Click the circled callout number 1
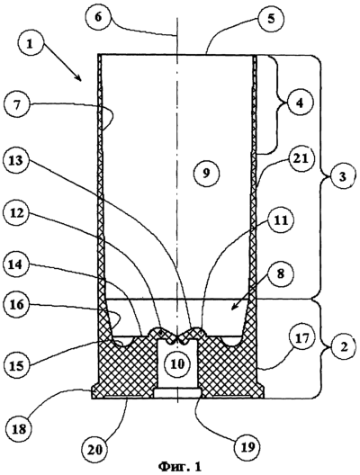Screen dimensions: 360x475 coord(30,45)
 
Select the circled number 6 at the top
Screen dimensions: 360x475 coord(97,17)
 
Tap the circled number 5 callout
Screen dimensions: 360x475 coord(271,19)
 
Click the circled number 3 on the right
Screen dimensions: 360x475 coord(342,176)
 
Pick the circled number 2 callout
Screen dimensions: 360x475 coord(343,347)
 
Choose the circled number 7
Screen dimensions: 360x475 coord(17,107)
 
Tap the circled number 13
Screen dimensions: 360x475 coord(16,161)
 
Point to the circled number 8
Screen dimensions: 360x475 coord(280,273)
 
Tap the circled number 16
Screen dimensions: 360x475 coord(17,304)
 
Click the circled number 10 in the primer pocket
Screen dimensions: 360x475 coord(177,363)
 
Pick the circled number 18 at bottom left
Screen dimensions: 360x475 coord(19,429)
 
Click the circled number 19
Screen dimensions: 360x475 coord(248,447)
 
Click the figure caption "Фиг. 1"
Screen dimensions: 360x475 coord(180,466)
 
